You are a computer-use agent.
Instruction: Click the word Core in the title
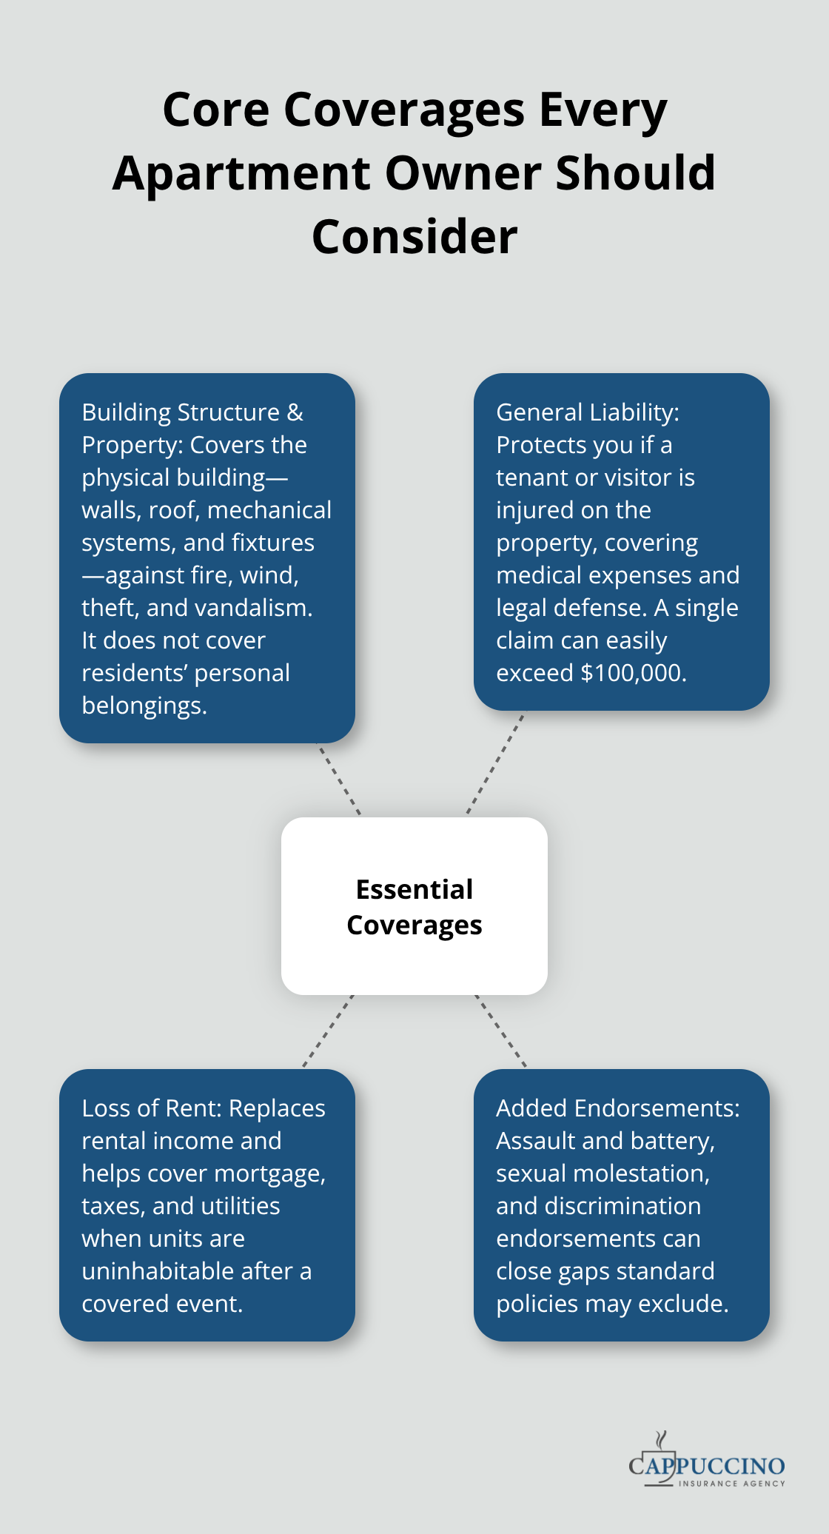coord(215,110)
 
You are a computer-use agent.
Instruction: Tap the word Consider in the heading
coord(414,238)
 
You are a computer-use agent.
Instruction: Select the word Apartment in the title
coord(241,174)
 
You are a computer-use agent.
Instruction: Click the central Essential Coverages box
coord(414,906)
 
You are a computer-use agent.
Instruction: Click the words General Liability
coord(587,412)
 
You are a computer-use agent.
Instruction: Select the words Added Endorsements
coord(617,1108)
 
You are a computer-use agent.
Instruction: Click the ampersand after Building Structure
coord(295,412)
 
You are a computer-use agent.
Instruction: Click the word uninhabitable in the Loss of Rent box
coord(161,1271)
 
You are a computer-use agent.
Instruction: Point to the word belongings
coord(144,706)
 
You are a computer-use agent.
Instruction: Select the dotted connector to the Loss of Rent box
coord(328,1031)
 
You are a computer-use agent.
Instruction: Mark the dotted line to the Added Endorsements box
coord(500,1031)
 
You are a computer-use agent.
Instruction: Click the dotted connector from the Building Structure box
coord(340,780)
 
